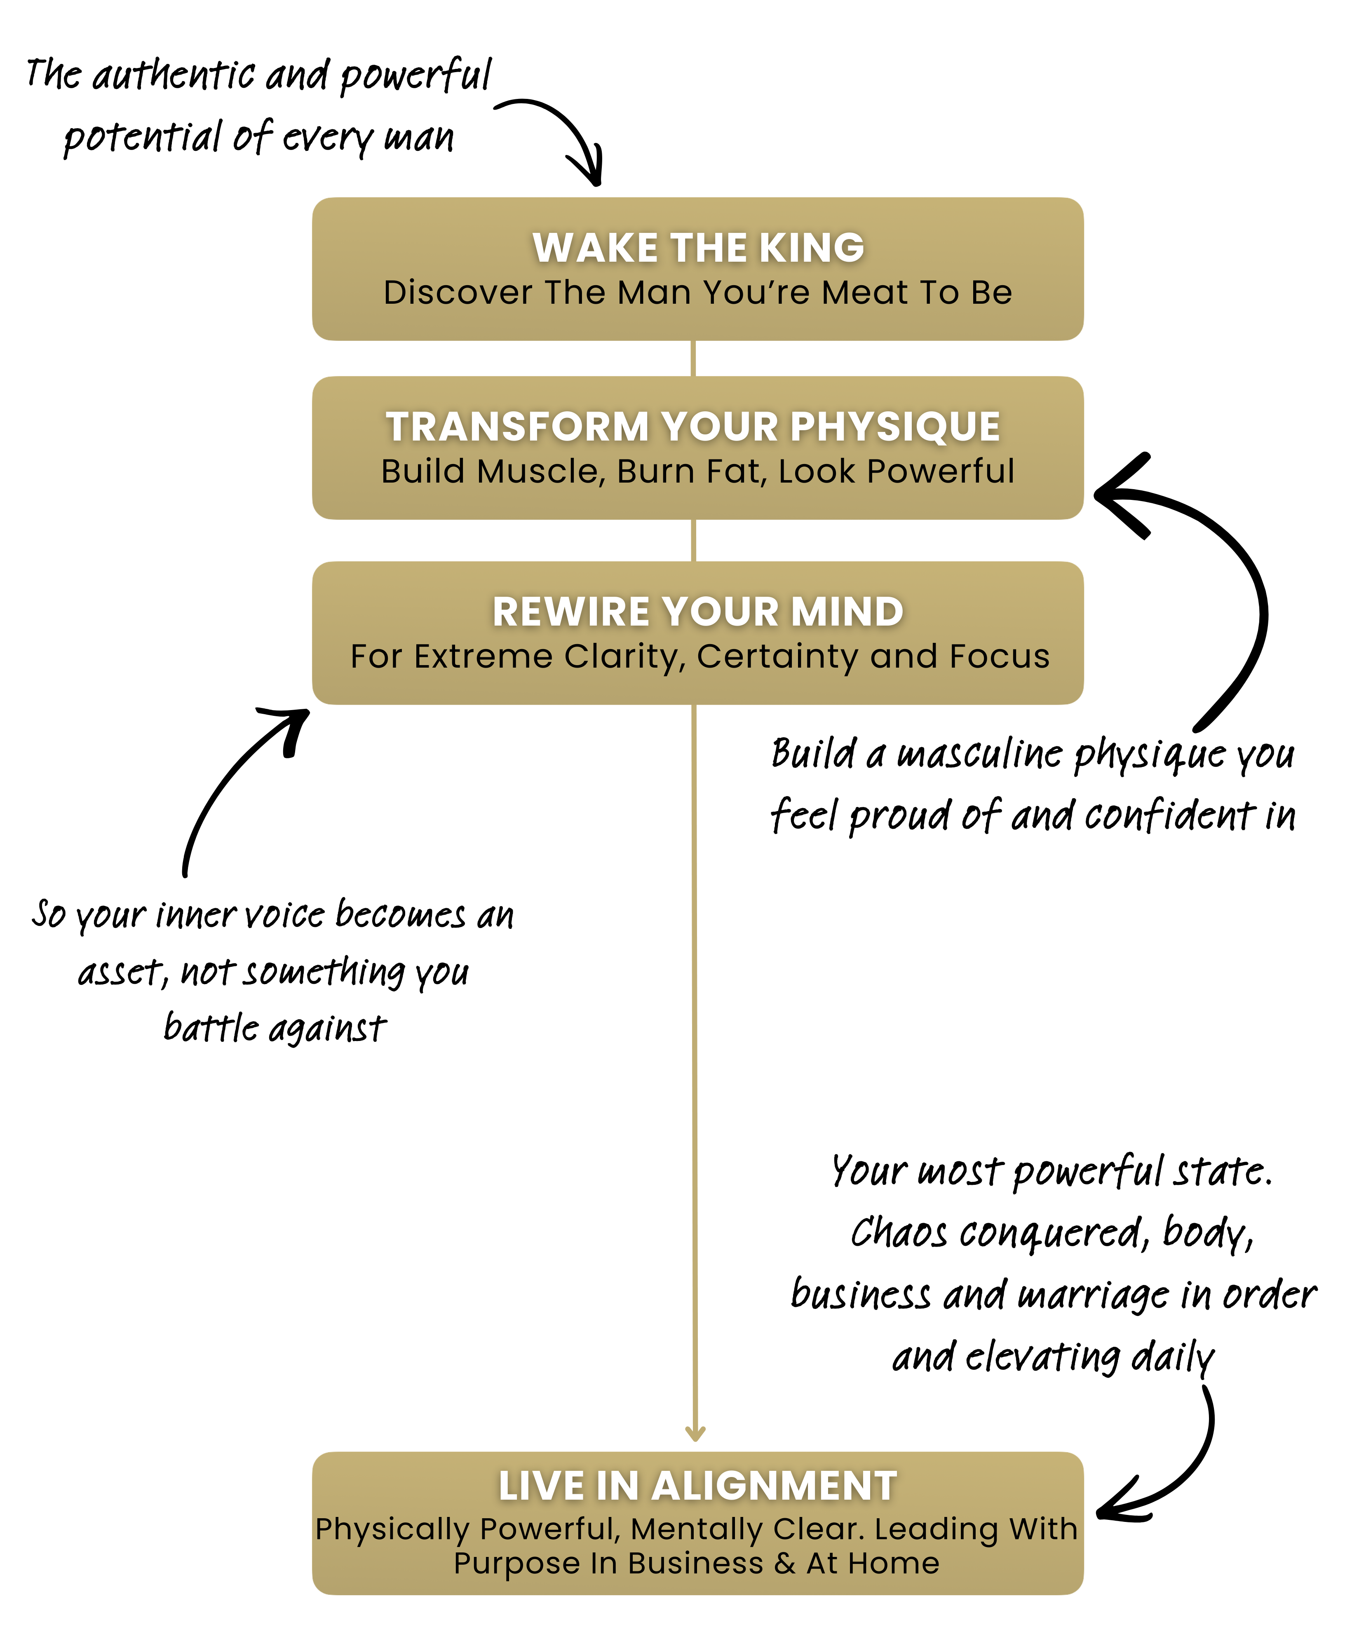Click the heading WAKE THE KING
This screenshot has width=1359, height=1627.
pos(698,248)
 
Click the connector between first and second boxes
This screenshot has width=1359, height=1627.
pos(693,359)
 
